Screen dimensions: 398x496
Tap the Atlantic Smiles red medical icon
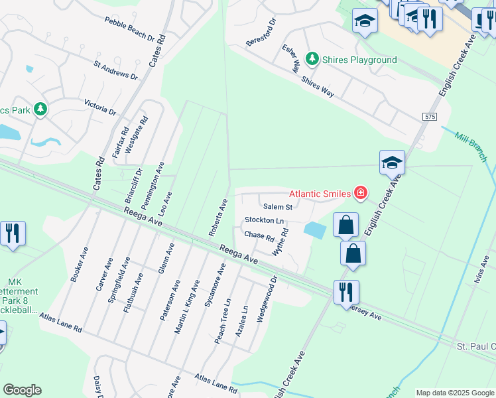click(360, 193)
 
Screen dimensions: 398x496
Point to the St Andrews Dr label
click(115, 71)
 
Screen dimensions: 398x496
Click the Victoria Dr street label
click(100, 107)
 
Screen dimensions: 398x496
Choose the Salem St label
click(277, 207)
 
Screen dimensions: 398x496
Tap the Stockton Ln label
click(264, 220)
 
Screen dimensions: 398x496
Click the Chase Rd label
click(259, 235)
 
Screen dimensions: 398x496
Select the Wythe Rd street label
click(281, 242)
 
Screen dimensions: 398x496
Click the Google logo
click(22, 390)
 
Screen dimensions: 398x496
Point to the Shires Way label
click(318, 86)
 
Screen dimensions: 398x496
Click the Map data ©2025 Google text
click(454, 393)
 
